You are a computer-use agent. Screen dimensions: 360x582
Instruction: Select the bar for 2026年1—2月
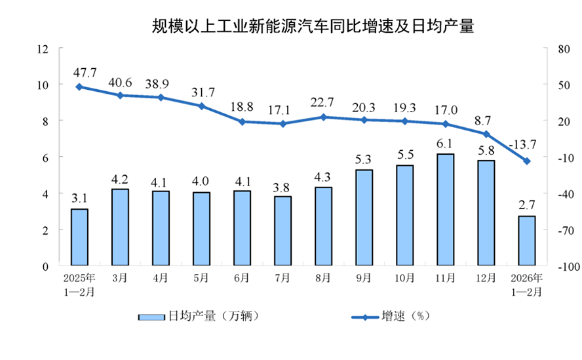526,241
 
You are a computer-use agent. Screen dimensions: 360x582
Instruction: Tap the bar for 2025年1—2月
79,237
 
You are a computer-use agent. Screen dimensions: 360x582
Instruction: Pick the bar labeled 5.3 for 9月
364,218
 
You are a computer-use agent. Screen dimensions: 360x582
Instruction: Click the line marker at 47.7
79,87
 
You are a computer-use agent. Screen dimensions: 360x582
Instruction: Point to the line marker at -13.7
526,161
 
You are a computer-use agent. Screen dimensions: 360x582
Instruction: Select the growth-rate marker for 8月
323,117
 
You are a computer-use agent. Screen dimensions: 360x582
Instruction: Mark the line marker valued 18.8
242,121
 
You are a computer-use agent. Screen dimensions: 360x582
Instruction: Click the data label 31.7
201,90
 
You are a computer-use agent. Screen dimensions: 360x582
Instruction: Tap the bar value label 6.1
445,143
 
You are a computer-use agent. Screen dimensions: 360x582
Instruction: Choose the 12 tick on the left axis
43,49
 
